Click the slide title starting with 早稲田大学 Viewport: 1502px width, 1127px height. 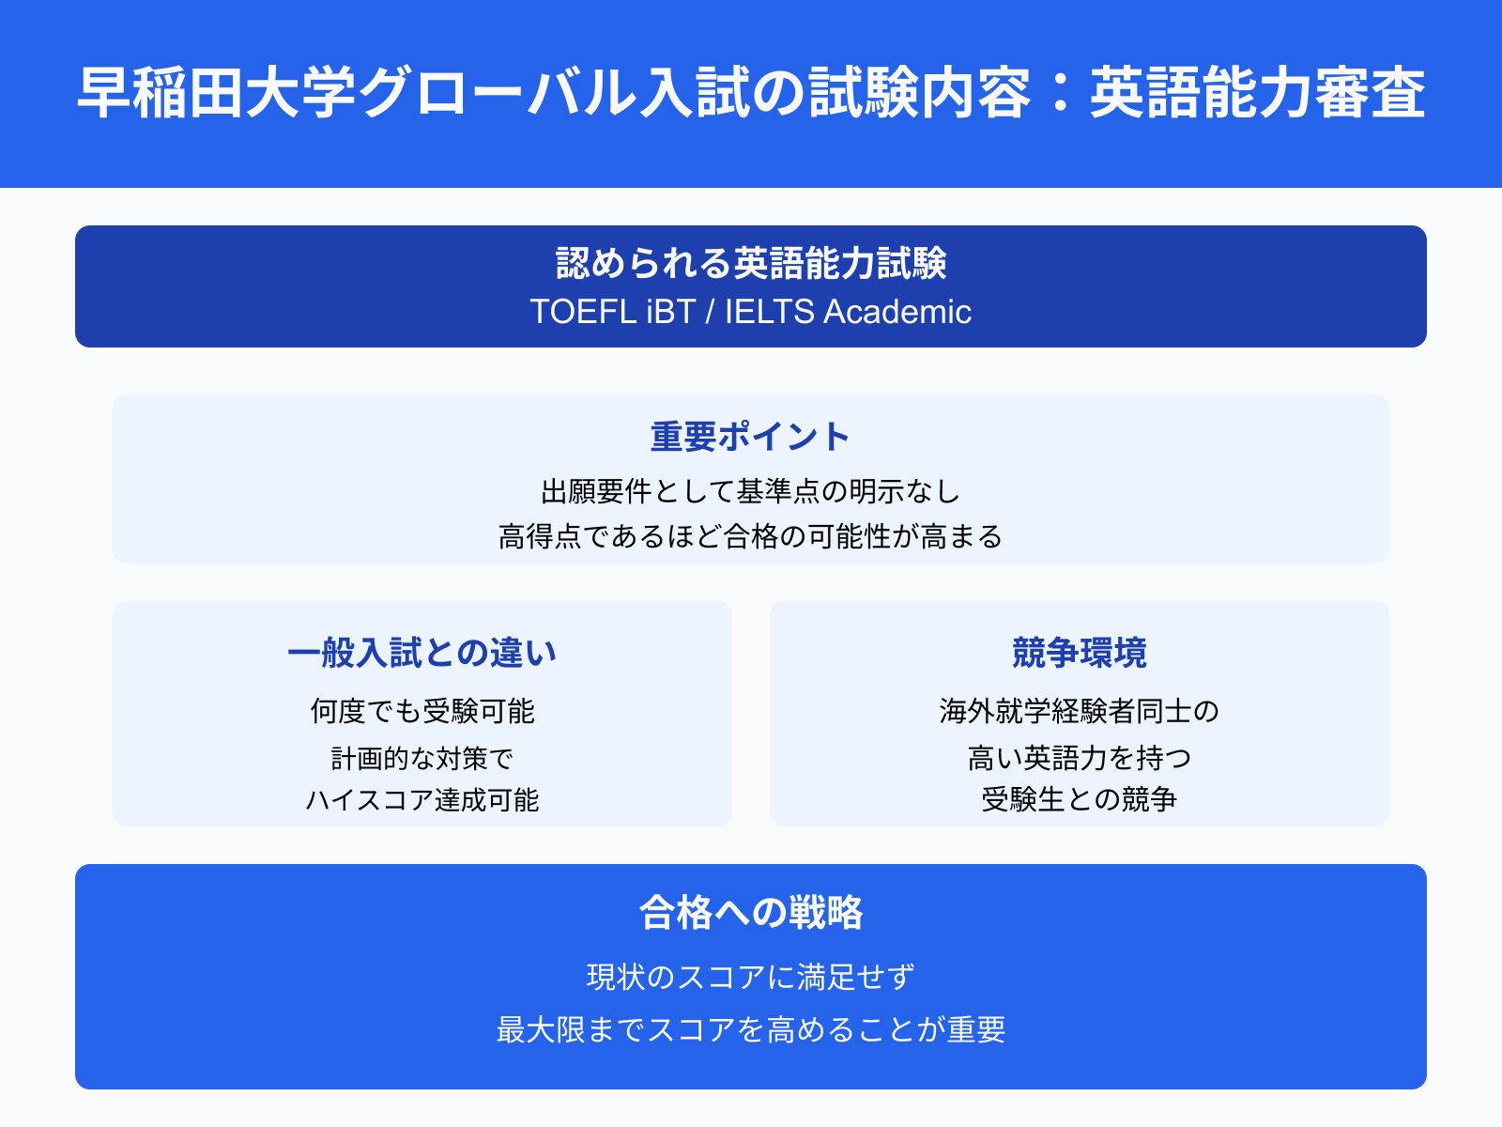pyautogui.click(x=751, y=93)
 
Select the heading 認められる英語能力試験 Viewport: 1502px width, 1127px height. pyautogui.click(x=751, y=264)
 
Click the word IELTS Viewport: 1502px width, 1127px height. pyautogui.click(x=769, y=312)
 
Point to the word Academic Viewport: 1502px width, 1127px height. pyautogui.click(x=897, y=312)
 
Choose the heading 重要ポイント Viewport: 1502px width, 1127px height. pyautogui.click(x=751, y=437)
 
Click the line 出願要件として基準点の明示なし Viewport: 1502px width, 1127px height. pyautogui.click(x=751, y=491)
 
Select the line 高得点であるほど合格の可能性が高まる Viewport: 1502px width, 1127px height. pyautogui.click(x=751, y=536)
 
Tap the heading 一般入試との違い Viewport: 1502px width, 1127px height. pyautogui.click(x=422, y=653)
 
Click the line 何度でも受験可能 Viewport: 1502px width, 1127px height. pyautogui.click(x=422, y=711)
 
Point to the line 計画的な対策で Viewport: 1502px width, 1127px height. pyautogui.click(x=422, y=758)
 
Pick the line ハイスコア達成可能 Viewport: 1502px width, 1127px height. pyautogui.click(x=422, y=800)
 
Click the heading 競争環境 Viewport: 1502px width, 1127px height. pyautogui.click(x=1080, y=653)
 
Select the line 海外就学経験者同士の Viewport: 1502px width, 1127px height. pyautogui.click(x=1080, y=711)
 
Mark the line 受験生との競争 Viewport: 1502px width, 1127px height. pyautogui.click(x=1080, y=800)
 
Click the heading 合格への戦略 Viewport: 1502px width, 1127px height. pyautogui.click(x=751, y=912)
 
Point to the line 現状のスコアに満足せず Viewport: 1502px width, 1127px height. pyautogui.click(x=751, y=978)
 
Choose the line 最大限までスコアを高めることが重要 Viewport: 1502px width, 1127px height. pyautogui.click(x=751, y=1030)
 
